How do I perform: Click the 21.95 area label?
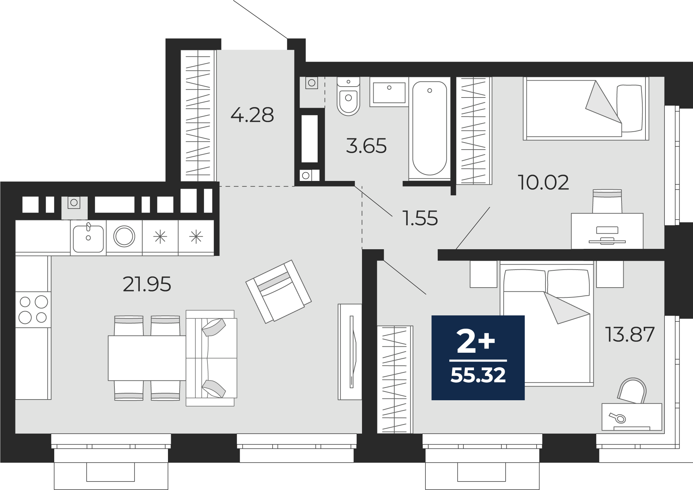coord(147,284)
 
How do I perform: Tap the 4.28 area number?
coord(252,115)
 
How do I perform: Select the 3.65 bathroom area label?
coord(366,146)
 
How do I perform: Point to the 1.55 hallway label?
coord(420,218)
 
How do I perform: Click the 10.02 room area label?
coord(543,183)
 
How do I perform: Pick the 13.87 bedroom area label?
coord(630,334)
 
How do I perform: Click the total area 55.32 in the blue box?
coord(478,375)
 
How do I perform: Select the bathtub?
coord(430,128)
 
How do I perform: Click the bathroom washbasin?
coord(389,92)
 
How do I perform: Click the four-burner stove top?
coord(33,310)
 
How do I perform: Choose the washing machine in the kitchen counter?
coord(124,237)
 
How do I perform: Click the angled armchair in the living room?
coord(278,291)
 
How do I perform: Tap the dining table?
coord(147,358)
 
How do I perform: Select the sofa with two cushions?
coord(211,358)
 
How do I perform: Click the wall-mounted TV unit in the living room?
coord(350,352)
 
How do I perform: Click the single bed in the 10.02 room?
coord(586,108)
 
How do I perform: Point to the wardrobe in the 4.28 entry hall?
coord(198,116)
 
